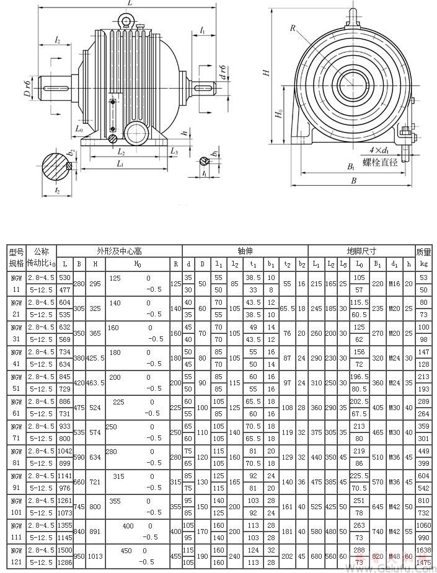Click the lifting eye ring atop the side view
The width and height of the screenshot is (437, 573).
(128, 22)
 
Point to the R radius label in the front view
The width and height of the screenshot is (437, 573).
(292, 27)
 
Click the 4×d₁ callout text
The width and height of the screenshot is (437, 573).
(377, 150)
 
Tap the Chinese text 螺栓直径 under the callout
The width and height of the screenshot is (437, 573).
(380, 162)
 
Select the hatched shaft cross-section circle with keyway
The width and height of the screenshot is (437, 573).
(58, 167)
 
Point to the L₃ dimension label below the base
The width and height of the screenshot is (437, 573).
(174, 151)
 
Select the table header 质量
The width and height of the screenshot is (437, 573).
(423, 252)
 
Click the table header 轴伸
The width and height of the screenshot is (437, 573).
(245, 252)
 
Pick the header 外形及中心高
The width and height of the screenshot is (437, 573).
(120, 252)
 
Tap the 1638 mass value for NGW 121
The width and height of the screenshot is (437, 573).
(423, 549)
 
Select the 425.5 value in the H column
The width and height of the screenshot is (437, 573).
(95, 357)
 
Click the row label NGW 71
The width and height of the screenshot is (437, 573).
(16, 432)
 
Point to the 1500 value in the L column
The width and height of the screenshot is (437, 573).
(65, 549)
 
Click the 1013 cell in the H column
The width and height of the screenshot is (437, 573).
(95, 556)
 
